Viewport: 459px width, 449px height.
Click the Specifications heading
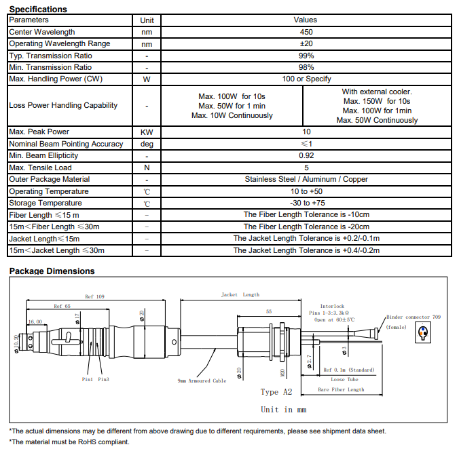click(38, 9)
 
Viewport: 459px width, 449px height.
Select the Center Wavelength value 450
click(306, 32)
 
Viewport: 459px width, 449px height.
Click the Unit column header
click(147, 20)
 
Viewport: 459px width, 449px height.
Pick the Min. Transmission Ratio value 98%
click(306, 67)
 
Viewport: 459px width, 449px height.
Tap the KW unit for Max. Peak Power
click(147, 132)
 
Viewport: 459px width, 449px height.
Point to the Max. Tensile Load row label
click(40, 168)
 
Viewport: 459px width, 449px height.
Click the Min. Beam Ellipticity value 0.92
click(306, 155)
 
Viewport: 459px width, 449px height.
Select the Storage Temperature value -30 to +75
click(306, 203)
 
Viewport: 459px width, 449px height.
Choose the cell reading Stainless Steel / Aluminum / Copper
click(306, 179)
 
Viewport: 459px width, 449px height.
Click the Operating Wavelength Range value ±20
click(306, 43)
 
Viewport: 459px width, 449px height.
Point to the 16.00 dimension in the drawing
click(35, 321)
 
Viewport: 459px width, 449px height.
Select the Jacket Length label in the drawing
click(240, 295)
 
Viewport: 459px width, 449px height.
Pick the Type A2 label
click(276, 392)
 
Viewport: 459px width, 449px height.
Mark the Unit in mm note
click(284, 410)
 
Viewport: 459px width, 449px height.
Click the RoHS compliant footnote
click(69, 442)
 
